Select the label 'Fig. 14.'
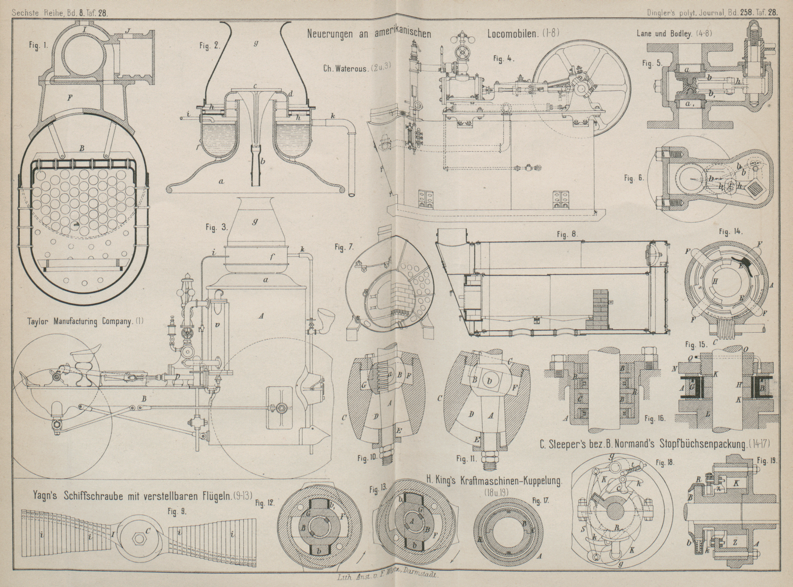point(731,231)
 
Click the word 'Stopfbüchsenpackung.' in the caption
point(700,444)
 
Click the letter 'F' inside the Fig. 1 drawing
point(70,98)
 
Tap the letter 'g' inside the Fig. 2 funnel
point(256,43)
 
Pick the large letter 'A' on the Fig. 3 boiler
point(261,316)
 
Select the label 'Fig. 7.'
point(340,247)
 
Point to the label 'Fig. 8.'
point(567,234)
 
